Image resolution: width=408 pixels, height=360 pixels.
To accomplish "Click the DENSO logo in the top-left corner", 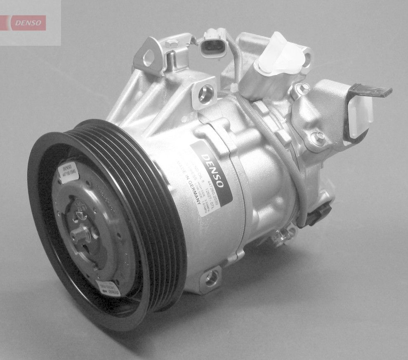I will pyautogui.click(x=28, y=23).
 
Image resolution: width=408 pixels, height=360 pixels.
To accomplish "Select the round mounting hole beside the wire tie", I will pyautogui.click(x=205, y=94).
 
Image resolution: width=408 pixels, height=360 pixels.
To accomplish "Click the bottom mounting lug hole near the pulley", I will pyautogui.click(x=211, y=278).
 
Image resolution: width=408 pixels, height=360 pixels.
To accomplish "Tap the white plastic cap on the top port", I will pyautogui.click(x=278, y=56).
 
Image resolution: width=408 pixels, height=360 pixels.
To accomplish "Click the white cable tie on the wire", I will pyautogui.click(x=234, y=88).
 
